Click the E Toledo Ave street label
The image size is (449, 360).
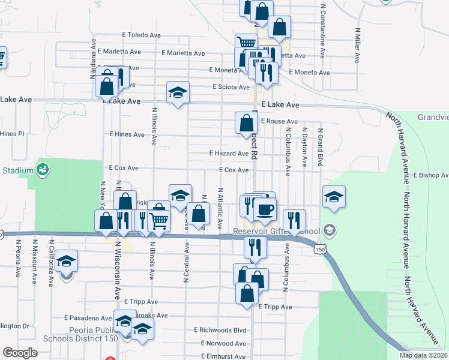pos(141,35)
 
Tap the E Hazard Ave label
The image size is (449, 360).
pos(229,154)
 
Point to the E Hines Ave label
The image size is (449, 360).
pos(127,134)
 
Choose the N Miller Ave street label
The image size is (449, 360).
pos(358,45)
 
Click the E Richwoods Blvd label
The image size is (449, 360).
pos(220,330)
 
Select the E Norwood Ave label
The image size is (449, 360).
pos(220,344)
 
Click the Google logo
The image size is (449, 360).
pos(20,353)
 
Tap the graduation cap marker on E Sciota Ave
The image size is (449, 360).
pos(177,93)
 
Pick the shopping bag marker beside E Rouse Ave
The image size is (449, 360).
pos(246,124)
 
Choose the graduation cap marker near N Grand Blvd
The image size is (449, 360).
pos(334,196)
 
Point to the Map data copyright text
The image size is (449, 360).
pos(423,355)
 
